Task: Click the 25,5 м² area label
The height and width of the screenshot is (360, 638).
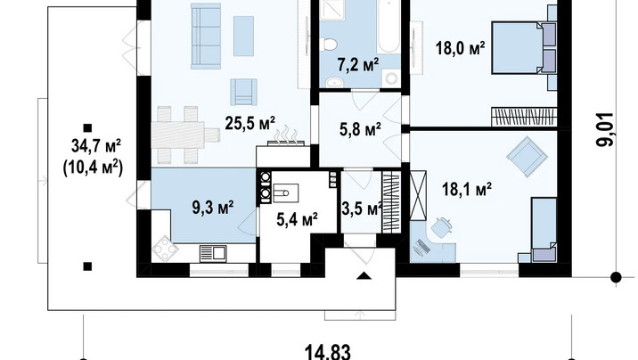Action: click(x=249, y=122)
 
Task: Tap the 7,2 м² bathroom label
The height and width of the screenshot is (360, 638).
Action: click(x=358, y=64)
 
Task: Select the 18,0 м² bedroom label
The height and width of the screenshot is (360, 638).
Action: click(x=460, y=48)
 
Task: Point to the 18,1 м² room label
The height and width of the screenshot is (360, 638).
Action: click(x=467, y=189)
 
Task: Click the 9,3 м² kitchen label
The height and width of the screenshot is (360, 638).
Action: click(x=212, y=207)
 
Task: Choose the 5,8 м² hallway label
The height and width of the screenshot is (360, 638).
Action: click(x=360, y=129)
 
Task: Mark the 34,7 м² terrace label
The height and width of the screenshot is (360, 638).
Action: click(x=96, y=145)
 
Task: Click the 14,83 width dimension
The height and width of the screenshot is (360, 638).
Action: click(x=328, y=352)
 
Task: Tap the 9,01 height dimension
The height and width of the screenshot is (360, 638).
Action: click(x=606, y=129)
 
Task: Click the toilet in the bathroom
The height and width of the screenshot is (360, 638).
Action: click(x=329, y=44)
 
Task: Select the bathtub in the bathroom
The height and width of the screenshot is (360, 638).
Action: click(x=389, y=27)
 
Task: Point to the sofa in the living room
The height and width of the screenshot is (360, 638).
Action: click(x=206, y=36)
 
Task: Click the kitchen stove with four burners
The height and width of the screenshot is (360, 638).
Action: click(x=165, y=248)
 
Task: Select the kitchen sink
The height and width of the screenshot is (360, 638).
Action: click(x=213, y=253)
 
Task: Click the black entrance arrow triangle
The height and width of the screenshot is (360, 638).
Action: click(x=364, y=276)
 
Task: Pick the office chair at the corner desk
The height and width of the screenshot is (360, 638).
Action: click(x=441, y=228)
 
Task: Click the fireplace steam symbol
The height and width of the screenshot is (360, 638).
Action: click(x=286, y=135)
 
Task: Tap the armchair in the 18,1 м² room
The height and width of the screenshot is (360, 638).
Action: click(x=527, y=156)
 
